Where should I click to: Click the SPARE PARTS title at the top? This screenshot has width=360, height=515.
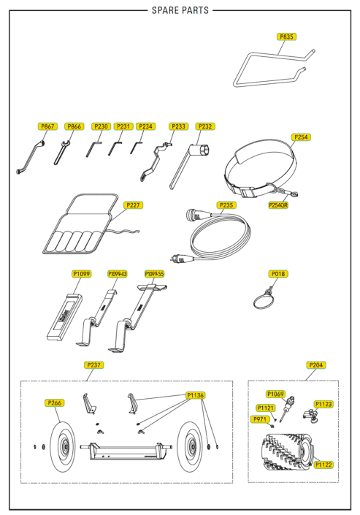180,10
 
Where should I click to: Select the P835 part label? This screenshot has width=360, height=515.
287,37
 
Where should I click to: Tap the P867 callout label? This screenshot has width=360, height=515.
47,126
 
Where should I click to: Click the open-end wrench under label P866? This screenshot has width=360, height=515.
61,151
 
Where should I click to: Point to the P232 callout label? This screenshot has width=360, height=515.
204,126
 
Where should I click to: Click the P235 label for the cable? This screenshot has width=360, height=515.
226,205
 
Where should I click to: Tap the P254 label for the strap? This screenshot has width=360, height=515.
300,137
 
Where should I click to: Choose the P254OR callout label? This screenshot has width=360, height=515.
278,205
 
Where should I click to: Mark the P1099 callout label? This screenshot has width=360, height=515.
81,273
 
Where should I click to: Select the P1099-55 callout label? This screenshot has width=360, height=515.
155,273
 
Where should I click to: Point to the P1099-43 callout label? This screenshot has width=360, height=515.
118,273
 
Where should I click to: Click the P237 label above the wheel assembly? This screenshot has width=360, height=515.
94,365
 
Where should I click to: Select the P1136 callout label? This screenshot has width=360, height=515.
196,395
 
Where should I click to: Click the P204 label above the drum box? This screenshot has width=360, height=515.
317,365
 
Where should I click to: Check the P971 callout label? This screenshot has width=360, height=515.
261,419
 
